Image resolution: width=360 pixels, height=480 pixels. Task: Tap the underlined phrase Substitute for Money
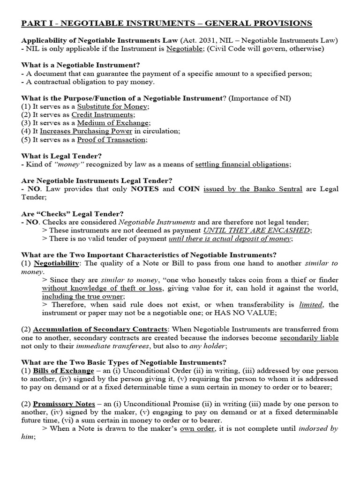point(113,106)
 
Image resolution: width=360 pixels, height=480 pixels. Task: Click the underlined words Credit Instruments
point(103,115)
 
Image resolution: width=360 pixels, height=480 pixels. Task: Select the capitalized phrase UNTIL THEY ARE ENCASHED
point(256,230)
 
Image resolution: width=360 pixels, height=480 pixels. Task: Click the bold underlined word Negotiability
point(56,263)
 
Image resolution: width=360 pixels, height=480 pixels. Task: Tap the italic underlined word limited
point(311,305)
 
